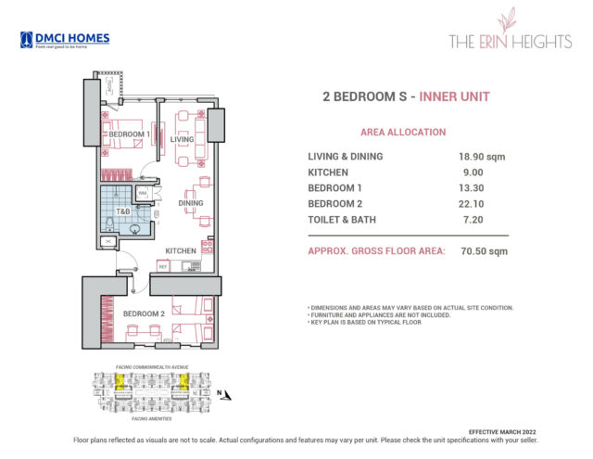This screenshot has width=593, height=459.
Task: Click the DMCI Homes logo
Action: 65,40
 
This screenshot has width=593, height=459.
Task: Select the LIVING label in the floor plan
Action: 182,140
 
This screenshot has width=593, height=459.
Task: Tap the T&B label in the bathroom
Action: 122,210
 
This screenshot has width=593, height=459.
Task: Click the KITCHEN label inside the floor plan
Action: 180,251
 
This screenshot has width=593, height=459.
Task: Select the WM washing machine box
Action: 142,193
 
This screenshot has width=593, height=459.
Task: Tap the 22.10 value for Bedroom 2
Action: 472,204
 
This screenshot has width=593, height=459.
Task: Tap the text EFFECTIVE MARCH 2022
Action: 501,431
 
